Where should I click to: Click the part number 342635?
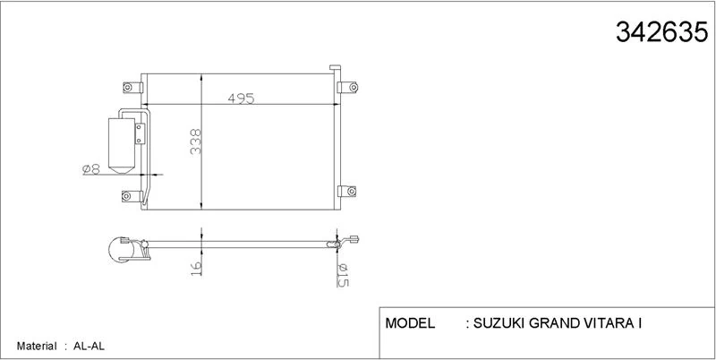click(x=661, y=32)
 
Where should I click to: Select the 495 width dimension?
click(x=241, y=98)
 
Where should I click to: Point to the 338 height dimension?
click(x=196, y=141)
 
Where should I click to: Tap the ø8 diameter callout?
click(x=91, y=169)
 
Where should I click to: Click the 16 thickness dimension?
click(x=196, y=268)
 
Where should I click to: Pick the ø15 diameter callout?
click(x=343, y=276)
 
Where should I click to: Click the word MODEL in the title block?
click(x=410, y=323)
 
